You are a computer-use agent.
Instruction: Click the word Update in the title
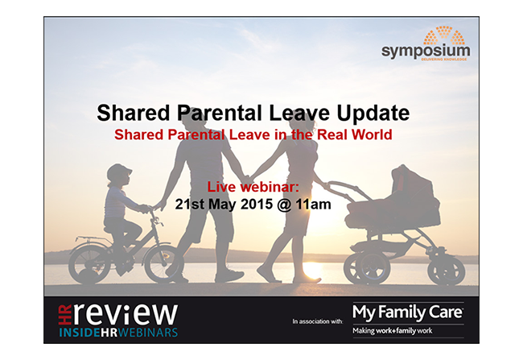tap(373, 114)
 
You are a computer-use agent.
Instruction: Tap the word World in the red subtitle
tap(372, 134)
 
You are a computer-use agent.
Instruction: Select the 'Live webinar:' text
tap(253, 187)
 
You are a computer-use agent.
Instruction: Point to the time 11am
tap(313, 204)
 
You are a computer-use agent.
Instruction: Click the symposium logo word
tap(426, 52)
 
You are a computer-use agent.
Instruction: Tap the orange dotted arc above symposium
tap(444, 35)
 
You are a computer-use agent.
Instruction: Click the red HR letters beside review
tap(64, 315)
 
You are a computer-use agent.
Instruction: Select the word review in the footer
tap(125, 314)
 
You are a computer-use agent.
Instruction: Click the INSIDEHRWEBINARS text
tap(118, 333)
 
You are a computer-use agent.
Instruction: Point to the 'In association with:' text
tap(318, 321)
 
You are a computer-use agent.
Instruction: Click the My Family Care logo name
tap(408, 313)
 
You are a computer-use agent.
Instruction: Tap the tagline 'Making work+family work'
tap(393, 331)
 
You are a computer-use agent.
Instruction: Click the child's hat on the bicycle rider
tap(119, 172)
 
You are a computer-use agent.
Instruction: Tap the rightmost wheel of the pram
tap(447, 271)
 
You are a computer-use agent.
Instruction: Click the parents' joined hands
tap(248, 180)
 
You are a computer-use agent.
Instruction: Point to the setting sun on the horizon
tap(312, 267)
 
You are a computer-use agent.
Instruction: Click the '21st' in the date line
tap(189, 204)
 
